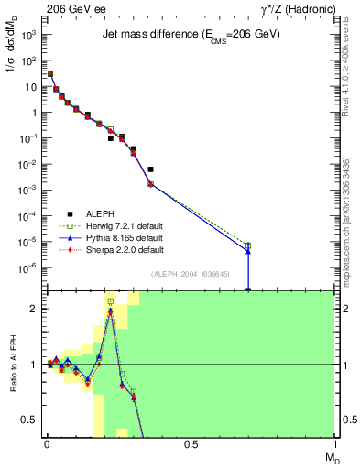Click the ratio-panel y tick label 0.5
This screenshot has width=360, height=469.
coord(29,420)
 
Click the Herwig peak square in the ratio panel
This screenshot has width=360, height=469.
coord(111,301)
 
